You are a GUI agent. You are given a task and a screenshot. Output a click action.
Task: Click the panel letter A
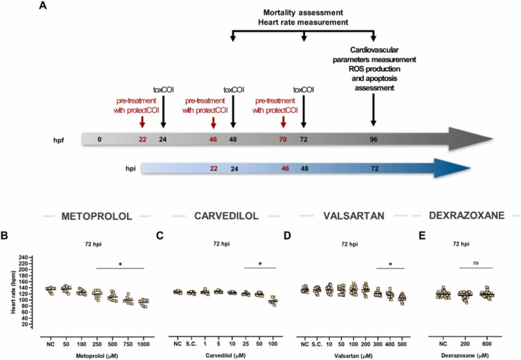[x=43, y=6]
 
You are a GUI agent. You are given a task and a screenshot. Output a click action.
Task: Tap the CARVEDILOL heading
[x=223, y=216]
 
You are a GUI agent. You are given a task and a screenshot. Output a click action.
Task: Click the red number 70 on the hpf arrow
[x=283, y=139]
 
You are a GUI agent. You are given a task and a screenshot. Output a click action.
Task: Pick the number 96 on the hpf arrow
[x=374, y=139]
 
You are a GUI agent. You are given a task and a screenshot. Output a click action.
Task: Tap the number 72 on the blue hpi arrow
[x=374, y=169]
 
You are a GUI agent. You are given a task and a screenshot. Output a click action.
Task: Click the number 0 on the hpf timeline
[x=99, y=139]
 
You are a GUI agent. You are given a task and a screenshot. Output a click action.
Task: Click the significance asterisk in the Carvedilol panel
[x=260, y=263]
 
